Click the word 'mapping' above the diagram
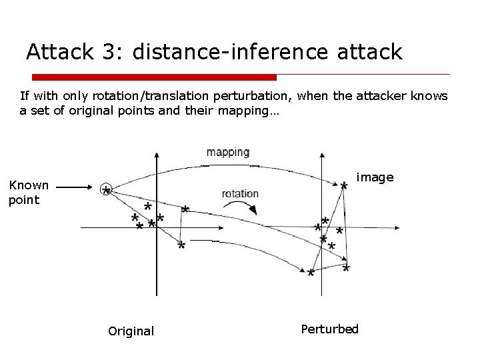pos(228,152)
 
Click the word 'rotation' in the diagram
pos(240,193)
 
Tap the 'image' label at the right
pos(375,177)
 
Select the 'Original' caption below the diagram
pos(131,331)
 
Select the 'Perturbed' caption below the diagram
pos(329,329)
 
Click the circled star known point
pos(106,189)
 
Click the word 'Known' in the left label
pos(29,185)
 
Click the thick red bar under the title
pos(153,77)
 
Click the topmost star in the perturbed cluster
pos(343,186)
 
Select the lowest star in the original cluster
pos(181,246)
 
